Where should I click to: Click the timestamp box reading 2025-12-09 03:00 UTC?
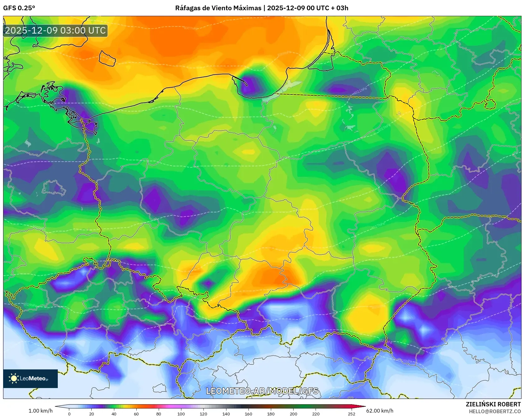point(55,30)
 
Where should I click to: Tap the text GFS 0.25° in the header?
point(19,8)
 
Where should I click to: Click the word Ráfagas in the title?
point(187,8)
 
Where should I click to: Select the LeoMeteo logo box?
point(30,378)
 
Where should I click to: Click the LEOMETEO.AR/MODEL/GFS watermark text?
point(262,391)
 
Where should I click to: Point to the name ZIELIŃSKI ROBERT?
point(493,404)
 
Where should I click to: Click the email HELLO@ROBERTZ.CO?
point(494,411)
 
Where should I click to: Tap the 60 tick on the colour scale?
point(136,414)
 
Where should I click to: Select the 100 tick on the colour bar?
point(181,414)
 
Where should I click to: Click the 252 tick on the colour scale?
point(351,414)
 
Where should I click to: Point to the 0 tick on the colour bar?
point(69,414)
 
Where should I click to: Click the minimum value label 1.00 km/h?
point(40,411)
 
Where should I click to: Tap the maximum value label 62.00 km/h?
point(380,411)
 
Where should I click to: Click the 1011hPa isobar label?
point(360,91)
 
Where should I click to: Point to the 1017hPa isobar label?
point(378,226)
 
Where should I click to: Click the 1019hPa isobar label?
point(30,305)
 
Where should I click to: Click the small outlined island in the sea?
point(107,58)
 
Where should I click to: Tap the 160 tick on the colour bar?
point(248,414)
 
